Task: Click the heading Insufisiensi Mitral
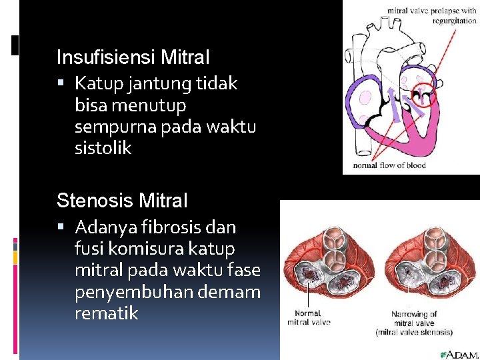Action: coord(133,57)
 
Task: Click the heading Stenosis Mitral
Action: coord(123,200)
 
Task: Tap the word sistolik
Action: coord(103,148)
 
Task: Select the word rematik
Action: coord(107,313)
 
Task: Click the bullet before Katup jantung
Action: coord(61,84)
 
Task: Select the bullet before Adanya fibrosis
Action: coord(61,227)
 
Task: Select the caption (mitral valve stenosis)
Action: coord(415,331)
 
